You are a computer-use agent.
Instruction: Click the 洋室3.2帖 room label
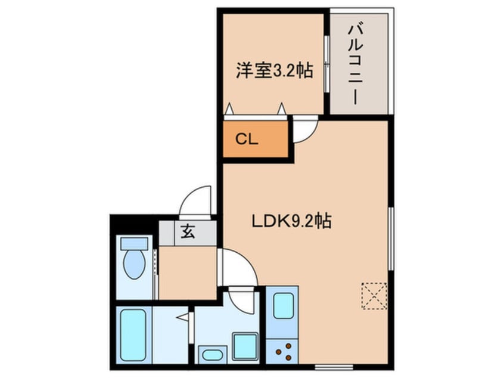pyautogui.click(x=275, y=70)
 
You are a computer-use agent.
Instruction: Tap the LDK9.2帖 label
pyautogui.click(x=291, y=221)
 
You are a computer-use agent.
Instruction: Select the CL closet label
pyautogui.click(x=247, y=140)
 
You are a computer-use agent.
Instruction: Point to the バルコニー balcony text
pyautogui.click(x=355, y=66)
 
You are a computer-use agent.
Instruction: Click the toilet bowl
pyautogui.click(x=135, y=264)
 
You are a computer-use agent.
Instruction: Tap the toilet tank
pyautogui.click(x=135, y=243)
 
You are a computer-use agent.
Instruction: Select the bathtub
pyautogui.click(x=133, y=335)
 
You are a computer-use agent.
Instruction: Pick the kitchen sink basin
pyautogui.click(x=283, y=306)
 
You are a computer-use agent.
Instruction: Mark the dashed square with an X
pyautogui.click(x=374, y=296)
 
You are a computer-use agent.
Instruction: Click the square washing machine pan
pyautogui.click(x=245, y=346)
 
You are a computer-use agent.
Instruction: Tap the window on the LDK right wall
pyautogui.click(x=391, y=238)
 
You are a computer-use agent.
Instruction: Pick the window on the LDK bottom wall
pyautogui.click(x=334, y=367)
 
